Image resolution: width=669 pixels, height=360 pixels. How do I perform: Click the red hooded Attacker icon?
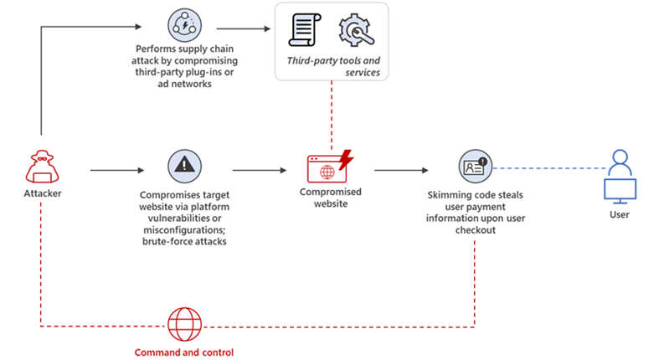point(40,168)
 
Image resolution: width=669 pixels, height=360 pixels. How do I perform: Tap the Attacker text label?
point(41,194)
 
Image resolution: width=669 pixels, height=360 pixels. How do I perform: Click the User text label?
point(620,214)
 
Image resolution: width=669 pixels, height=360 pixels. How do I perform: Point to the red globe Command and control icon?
point(184,325)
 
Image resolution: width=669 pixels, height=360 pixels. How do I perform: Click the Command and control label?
point(183,352)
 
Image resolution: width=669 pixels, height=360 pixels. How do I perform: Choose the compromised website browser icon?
point(326,168)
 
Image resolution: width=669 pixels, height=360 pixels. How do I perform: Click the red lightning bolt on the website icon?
point(344,158)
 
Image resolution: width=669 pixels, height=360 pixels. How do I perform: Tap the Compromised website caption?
point(329,197)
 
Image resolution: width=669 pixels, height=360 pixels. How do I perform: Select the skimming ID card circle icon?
point(476,167)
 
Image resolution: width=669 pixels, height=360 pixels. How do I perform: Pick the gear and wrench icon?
point(353,30)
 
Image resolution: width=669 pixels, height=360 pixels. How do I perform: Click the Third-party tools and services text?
point(332,66)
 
